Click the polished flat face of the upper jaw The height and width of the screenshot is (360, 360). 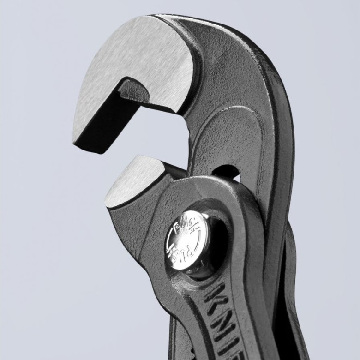(138, 60)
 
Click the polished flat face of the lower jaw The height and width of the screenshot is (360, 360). (132, 180)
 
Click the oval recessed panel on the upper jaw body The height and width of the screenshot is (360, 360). (217, 138)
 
